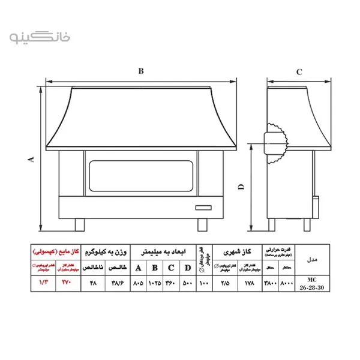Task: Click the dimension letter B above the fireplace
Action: [x=141, y=71]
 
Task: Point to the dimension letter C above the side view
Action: [x=298, y=72]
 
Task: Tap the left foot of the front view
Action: [x=79, y=224]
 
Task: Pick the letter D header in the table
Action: [x=188, y=268]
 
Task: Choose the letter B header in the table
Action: [x=155, y=268]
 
